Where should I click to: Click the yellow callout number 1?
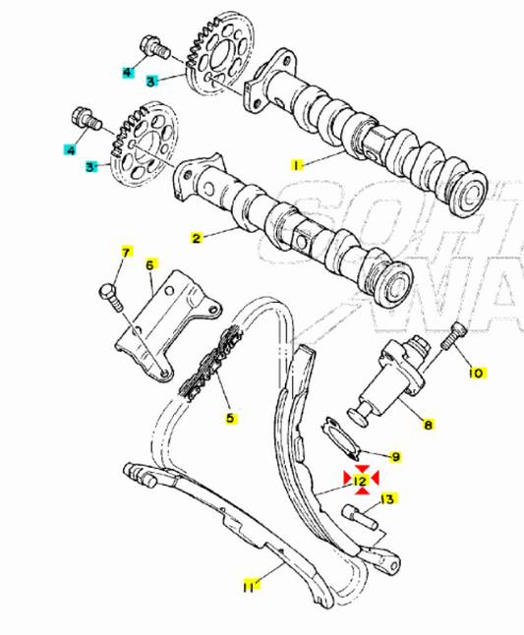[x=296, y=165]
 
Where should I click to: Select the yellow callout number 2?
[x=196, y=238]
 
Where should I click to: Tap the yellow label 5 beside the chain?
[x=230, y=418]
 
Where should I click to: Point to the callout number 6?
[x=150, y=264]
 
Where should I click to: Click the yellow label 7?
[x=125, y=254]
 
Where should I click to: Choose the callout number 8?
[x=428, y=425]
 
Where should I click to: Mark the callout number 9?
[x=395, y=456]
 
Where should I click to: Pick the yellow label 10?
[x=476, y=374]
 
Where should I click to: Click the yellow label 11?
[x=250, y=586]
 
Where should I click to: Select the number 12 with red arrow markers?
[x=361, y=480]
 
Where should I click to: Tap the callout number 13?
[x=387, y=499]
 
